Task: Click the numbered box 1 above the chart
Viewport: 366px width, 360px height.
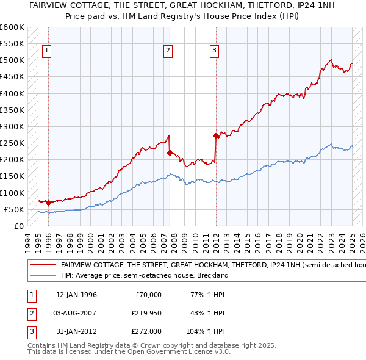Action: click(47, 51)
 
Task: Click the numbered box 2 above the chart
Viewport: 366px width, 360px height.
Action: click(168, 51)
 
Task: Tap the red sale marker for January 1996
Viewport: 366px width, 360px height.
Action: click(48, 202)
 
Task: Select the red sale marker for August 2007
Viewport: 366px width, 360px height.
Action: click(170, 153)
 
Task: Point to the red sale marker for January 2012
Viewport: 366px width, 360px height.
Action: click(216, 135)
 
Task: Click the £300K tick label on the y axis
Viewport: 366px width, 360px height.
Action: click(12, 126)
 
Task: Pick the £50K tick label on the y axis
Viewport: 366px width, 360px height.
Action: click(14, 209)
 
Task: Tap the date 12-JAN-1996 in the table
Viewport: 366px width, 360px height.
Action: click(76, 294)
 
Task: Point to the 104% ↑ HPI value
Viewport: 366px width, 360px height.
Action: click(206, 332)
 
